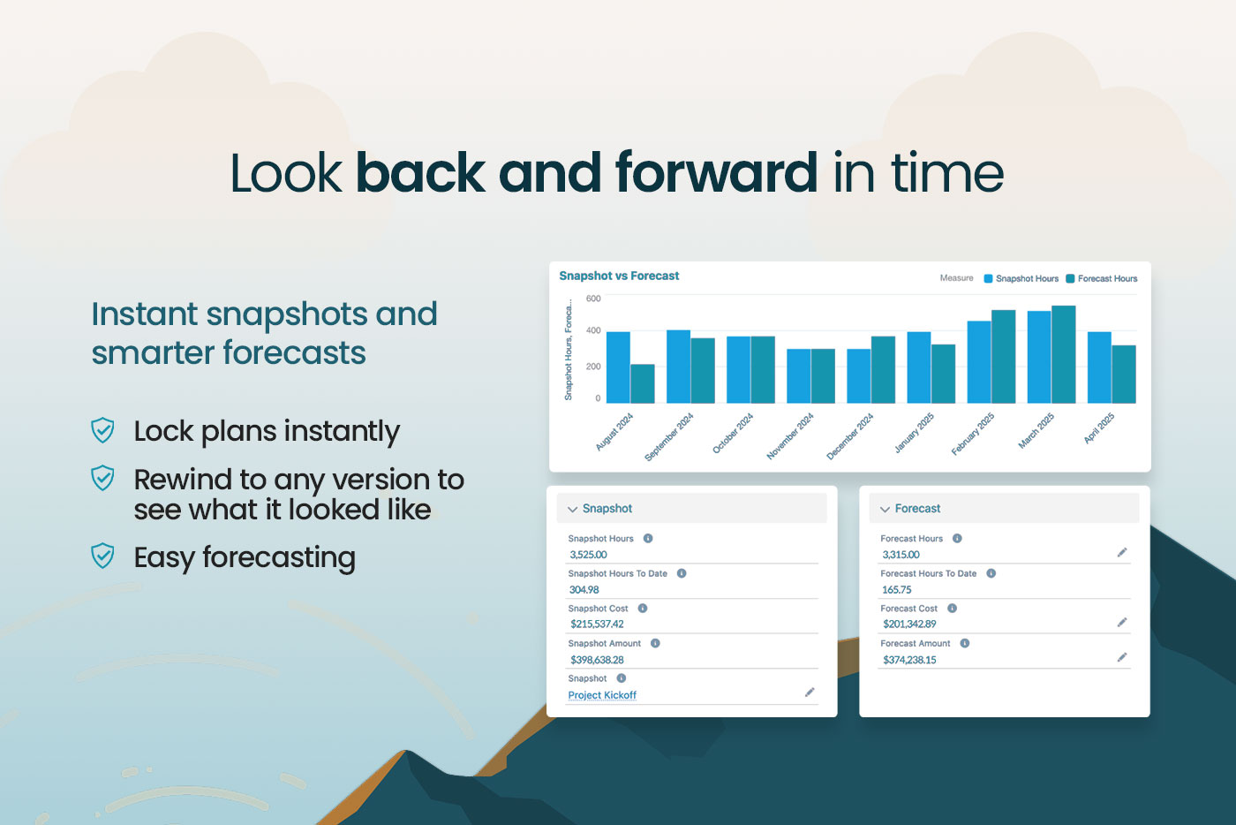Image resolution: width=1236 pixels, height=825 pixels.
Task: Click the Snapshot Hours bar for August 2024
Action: click(618, 367)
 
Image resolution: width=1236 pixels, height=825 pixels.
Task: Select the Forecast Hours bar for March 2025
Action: click(1063, 354)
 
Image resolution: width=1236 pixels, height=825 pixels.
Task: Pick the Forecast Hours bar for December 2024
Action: click(883, 369)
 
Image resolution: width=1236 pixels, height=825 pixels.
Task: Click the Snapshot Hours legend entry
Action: click(1021, 278)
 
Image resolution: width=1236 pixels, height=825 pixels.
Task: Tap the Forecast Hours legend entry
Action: click(1102, 278)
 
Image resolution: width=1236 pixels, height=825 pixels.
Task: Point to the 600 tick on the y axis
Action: click(593, 299)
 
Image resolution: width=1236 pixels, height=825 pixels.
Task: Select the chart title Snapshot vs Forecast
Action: click(619, 276)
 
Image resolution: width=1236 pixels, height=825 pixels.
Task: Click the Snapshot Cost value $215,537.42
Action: click(597, 624)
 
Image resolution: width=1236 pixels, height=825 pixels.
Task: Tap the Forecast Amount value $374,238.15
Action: click(909, 659)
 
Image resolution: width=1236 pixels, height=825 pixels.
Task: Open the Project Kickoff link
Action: click(602, 694)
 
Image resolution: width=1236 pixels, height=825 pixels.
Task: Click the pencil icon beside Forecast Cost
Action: click(1122, 623)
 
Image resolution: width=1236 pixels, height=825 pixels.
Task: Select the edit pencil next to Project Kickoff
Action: click(810, 693)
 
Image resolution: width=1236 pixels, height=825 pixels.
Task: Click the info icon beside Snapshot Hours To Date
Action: click(682, 573)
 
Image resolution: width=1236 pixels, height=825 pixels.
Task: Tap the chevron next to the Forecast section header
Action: click(885, 509)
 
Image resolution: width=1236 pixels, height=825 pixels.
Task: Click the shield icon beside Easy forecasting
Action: click(102, 556)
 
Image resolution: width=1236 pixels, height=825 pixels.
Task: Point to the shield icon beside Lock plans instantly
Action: click(102, 430)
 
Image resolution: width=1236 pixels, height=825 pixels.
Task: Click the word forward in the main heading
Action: click(716, 173)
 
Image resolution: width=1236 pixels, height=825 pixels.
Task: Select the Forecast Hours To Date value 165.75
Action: click(897, 589)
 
